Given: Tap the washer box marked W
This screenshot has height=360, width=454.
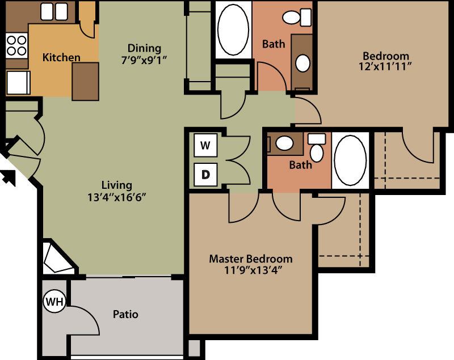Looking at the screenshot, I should [205, 145].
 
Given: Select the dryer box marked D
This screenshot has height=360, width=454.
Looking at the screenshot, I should [205, 175].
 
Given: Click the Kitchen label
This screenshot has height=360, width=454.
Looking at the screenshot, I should [61, 57].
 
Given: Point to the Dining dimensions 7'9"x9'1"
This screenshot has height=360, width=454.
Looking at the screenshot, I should [144, 59].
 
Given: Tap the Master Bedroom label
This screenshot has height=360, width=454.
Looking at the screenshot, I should [251, 259].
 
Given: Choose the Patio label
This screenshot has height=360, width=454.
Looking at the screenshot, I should [125, 314].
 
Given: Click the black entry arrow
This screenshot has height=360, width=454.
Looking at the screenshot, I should [9, 177].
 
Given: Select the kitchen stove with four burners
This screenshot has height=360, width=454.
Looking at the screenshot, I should [16, 45].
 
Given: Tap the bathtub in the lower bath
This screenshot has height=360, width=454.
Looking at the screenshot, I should [351, 160].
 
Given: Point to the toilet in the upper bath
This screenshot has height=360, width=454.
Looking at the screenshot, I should [293, 17].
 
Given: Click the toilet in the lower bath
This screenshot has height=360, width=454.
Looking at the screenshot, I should [316, 149].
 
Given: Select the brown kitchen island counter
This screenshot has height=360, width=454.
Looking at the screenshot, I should [85, 81].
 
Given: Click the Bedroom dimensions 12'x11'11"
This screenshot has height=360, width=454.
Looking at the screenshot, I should [386, 67].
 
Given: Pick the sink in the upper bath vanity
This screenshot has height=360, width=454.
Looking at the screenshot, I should [304, 62].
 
